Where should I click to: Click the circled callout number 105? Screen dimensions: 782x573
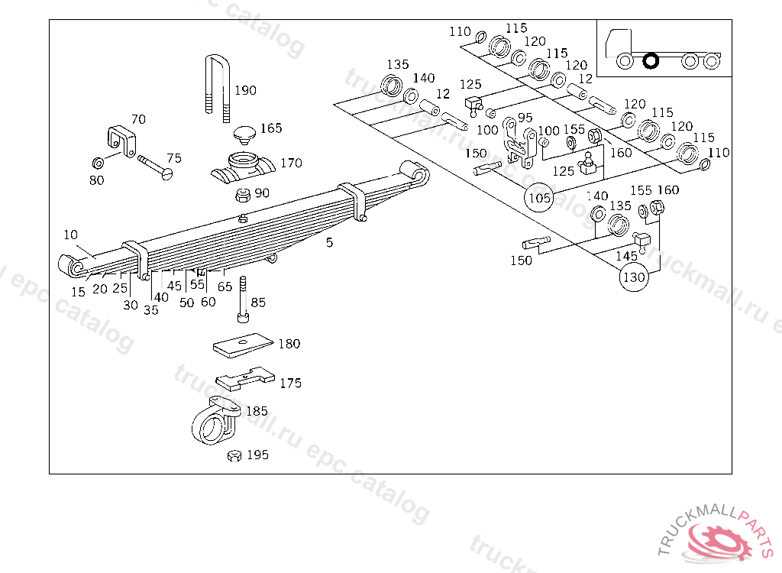click(539, 198)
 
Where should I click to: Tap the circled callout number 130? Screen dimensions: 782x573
click(635, 277)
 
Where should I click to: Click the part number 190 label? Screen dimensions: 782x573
click(245, 90)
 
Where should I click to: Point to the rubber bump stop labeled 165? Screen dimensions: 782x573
click(244, 134)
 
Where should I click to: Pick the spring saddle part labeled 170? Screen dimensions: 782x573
click(243, 168)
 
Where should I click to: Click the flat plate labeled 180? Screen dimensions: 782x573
click(244, 345)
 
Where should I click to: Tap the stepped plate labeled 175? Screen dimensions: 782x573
click(245, 379)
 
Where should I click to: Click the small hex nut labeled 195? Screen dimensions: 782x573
click(234, 455)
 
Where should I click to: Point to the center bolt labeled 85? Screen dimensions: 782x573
click(243, 299)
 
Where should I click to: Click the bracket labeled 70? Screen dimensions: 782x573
click(121, 141)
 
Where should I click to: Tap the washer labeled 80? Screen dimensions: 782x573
click(99, 163)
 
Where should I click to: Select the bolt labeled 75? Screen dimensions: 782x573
click(155, 167)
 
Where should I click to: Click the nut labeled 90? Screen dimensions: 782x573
click(243, 195)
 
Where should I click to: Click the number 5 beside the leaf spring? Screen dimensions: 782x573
click(329, 243)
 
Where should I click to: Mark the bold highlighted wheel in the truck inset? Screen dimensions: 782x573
click(651, 61)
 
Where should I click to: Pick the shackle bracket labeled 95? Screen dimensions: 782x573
click(519, 143)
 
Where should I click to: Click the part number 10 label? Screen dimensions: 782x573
click(71, 235)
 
